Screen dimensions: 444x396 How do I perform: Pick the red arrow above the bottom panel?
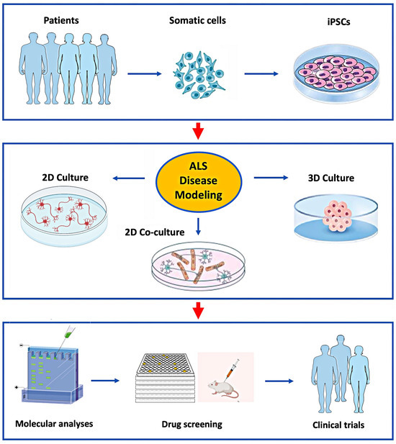pyautogui.click(x=199, y=311)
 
